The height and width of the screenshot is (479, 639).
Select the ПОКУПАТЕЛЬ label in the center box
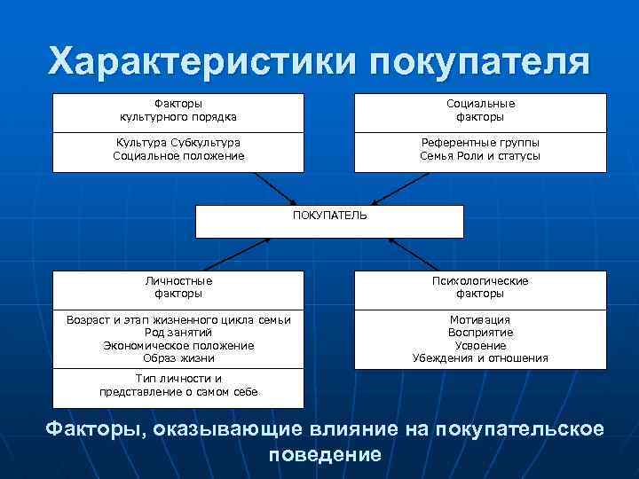[329, 215]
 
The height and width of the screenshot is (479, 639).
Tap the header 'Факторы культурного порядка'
[178, 110]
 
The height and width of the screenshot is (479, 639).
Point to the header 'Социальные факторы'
[480, 110]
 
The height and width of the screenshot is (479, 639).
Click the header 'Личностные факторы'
[178, 287]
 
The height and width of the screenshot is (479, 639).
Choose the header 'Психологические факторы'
[480, 287]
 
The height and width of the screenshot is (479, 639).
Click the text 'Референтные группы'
[480, 143]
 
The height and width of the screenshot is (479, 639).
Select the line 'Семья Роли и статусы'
[480, 156]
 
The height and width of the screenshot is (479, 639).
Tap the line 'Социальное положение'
[178, 156]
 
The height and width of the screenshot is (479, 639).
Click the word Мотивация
[480, 319]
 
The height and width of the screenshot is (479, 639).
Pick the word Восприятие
[480, 333]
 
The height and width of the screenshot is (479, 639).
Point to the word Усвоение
[480, 345]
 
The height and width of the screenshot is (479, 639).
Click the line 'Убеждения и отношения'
[480, 358]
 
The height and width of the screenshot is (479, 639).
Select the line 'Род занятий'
[178, 333]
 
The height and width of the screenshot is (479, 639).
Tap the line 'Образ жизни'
[178, 358]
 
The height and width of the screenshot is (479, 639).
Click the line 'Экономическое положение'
[178, 345]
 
